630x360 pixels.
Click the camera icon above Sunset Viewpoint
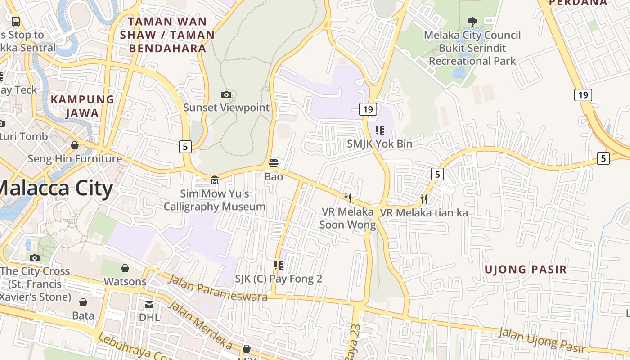tap(226, 94)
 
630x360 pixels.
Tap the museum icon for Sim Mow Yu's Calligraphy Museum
tap(215, 180)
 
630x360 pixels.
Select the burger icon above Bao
tap(274, 163)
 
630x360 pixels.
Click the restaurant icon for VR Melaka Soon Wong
tap(347, 198)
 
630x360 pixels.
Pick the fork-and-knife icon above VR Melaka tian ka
tap(423, 199)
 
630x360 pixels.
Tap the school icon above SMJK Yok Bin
tap(380, 130)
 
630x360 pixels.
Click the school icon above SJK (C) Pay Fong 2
tap(279, 265)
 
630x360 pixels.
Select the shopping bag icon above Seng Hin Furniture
tap(75, 145)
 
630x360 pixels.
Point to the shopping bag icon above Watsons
tap(125, 268)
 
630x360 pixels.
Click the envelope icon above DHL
tap(149, 305)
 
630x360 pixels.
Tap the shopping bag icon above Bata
tap(83, 302)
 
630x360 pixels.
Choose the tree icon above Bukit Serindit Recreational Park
tap(472, 22)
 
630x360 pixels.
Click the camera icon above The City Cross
tap(35, 258)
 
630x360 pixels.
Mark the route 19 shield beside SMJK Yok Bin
tap(368, 109)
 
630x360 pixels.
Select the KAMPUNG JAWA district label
tap(82, 106)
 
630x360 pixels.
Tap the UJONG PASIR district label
tap(525, 270)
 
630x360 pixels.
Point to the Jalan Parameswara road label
tap(218, 287)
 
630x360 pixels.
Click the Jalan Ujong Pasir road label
tap(543, 339)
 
